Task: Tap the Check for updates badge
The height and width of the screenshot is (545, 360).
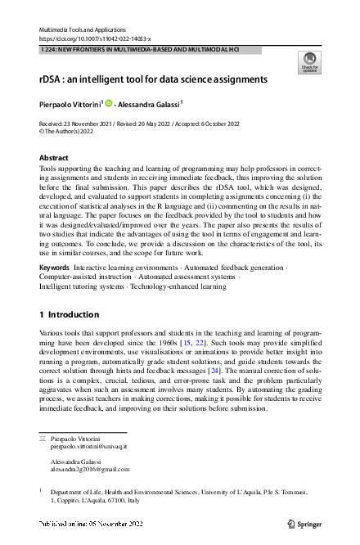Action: tap(308, 62)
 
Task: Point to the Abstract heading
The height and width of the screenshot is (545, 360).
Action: tap(54, 157)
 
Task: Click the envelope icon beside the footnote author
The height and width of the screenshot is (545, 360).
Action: tap(43, 439)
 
